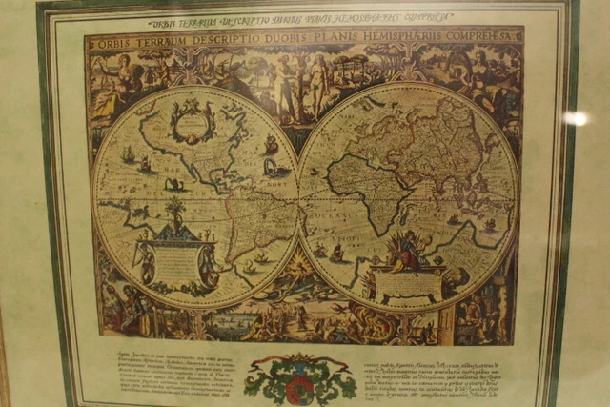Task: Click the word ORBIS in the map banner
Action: [116, 41]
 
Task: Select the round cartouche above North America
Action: [193, 122]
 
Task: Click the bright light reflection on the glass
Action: [575, 118]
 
